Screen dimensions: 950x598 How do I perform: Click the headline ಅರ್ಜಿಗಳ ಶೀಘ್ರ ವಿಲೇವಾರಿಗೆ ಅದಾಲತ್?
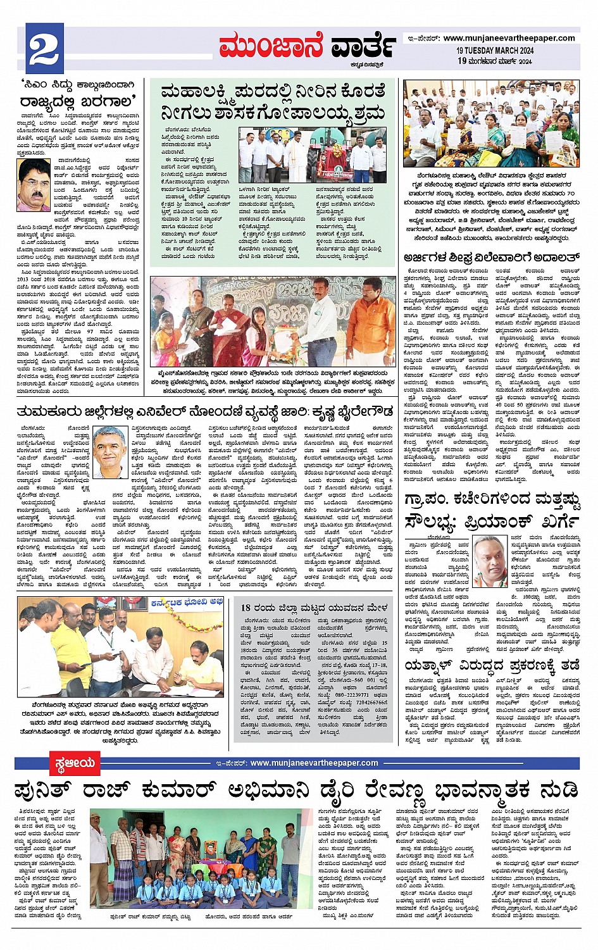point(491,258)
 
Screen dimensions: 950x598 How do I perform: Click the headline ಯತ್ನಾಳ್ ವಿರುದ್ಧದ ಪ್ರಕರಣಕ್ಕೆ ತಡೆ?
point(492,665)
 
